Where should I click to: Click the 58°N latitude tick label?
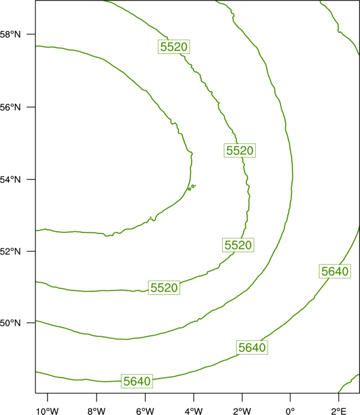pos(10,34)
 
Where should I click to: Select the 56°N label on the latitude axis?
pos(10,107)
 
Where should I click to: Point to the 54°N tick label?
pos(10,180)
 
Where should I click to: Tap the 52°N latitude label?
pos(10,251)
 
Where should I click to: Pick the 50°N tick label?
pos(10,323)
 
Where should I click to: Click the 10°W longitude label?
pos(48,411)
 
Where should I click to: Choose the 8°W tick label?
pos(96,411)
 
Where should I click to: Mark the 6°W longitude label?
pos(145,411)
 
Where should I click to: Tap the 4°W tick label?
pos(194,411)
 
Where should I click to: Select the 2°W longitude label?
pos(242,411)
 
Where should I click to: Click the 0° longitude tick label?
pos(290,411)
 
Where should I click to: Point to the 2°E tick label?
pos(338,411)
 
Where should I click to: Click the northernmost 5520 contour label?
pos(174,47)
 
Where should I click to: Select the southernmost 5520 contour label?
pos(164,288)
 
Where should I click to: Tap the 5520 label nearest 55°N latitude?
pos(240,151)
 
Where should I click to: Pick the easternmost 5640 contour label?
pos(335,271)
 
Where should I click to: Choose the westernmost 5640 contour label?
pos(137,381)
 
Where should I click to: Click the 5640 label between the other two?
pos(252,347)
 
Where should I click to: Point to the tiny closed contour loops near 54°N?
pos(192,187)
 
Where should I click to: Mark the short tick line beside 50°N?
pos(30,323)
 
